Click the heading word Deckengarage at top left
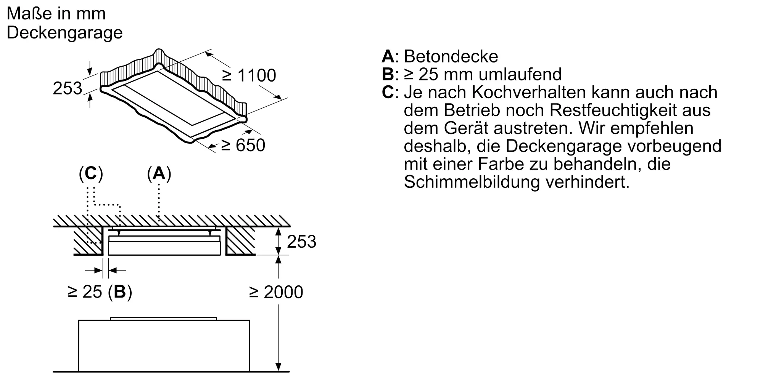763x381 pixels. (64, 33)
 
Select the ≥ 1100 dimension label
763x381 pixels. (249, 75)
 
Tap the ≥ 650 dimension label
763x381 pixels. (243, 145)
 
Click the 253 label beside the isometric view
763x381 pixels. (67, 88)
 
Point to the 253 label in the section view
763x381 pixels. (301, 242)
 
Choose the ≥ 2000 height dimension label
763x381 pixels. (276, 292)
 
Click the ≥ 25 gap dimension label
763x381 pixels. (85, 292)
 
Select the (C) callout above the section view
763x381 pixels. (91, 174)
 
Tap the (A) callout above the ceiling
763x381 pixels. (159, 174)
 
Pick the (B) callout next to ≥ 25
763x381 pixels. (120, 292)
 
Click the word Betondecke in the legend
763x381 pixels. (451, 56)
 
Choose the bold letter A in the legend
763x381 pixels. (388, 56)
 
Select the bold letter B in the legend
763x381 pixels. (388, 74)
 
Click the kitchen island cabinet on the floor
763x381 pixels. (164, 345)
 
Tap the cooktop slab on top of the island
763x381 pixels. (164, 318)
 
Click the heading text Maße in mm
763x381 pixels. (56, 14)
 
